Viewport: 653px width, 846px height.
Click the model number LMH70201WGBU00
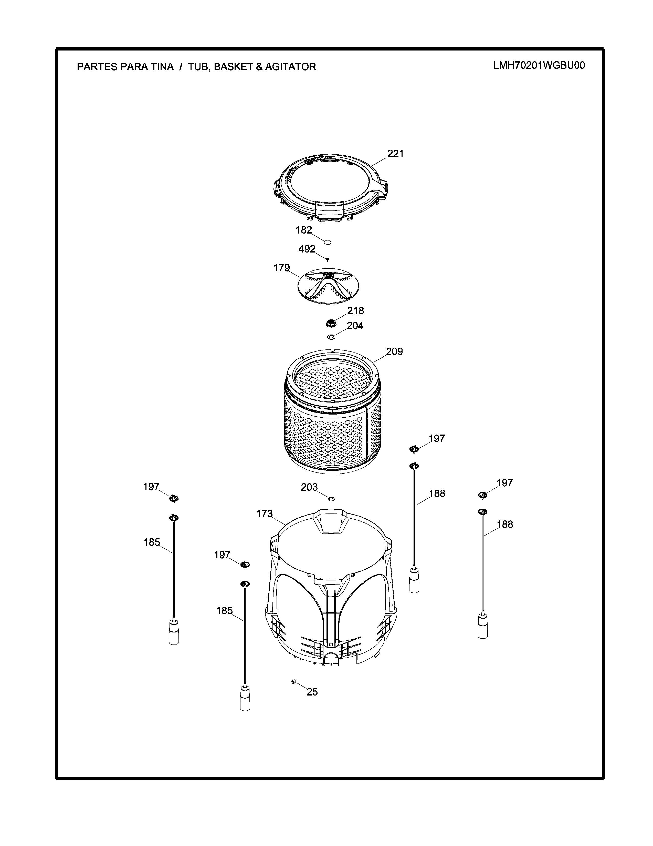pos(539,65)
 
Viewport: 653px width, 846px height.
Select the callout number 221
pos(395,154)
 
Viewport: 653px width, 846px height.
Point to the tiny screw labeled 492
pos(328,259)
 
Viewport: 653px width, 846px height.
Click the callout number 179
pos(282,268)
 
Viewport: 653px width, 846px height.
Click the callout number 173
pos(265,514)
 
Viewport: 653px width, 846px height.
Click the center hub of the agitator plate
pos(328,275)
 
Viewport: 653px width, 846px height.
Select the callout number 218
pos(355,311)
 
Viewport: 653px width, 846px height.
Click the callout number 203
pos(310,487)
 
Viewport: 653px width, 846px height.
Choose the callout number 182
pos(304,230)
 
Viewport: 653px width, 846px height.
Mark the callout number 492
pos(307,249)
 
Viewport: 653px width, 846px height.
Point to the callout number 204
pos(355,326)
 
